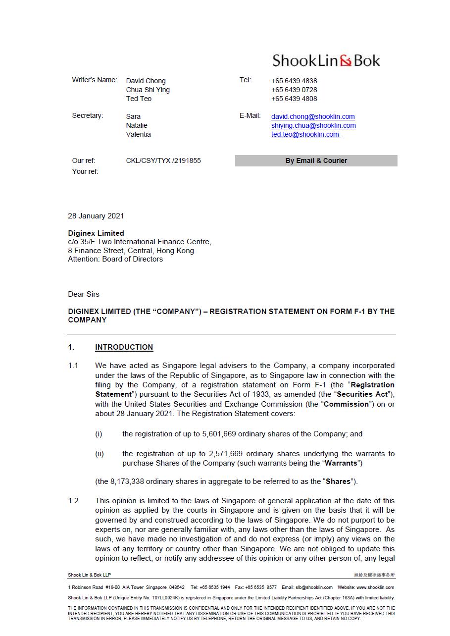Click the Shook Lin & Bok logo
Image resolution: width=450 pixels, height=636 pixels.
pyautogui.click(x=326, y=61)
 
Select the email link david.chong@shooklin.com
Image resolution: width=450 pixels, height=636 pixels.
pyautogui.click(x=313, y=116)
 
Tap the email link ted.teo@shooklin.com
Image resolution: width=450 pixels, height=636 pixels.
pyautogui.click(x=305, y=134)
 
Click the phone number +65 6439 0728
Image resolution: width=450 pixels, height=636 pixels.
pyautogui.click(x=294, y=90)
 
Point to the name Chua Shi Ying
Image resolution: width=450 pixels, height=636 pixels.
pyautogui.click(x=148, y=90)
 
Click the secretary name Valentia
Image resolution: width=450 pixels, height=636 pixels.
pyautogui.click(x=138, y=134)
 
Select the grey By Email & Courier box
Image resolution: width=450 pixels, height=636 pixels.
pyautogui.click(x=316, y=160)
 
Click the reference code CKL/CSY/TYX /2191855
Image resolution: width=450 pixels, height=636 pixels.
pyautogui.click(x=163, y=160)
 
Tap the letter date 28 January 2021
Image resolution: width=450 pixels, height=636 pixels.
pyautogui.click(x=96, y=216)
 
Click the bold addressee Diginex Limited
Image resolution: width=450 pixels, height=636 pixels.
pyautogui.click(x=96, y=233)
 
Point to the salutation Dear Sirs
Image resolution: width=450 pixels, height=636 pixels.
pyautogui.click(x=84, y=294)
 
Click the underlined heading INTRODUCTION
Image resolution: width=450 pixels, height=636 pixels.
pyautogui.click(x=124, y=347)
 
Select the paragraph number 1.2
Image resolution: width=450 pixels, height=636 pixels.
pyautogui.click(x=73, y=501)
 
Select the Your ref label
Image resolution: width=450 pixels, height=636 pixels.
pyautogui.click(x=85, y=171)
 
